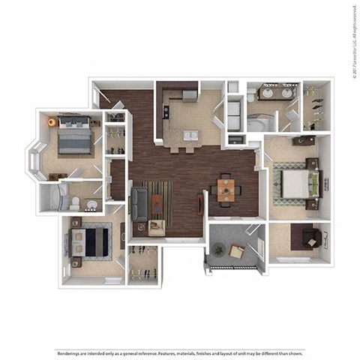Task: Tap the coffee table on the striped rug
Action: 156,202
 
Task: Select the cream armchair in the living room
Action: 156,227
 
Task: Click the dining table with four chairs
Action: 226,188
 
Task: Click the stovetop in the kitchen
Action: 165,110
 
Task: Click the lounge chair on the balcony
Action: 237,252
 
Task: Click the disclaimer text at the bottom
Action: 180,331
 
